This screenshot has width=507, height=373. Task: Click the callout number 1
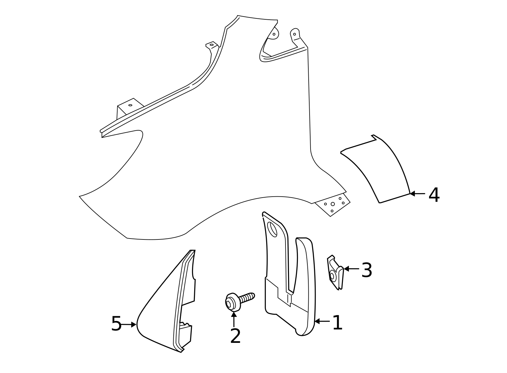(337, 323)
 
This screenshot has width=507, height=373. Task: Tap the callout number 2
(235, 336)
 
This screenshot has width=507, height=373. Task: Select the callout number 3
(367, 270)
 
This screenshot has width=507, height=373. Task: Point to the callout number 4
(434, 195)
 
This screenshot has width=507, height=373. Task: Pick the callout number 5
(116, 324)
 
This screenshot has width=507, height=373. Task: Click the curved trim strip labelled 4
(377, 168)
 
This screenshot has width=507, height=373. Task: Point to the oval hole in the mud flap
(272, 229)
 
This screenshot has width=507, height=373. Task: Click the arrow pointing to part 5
(130, 324)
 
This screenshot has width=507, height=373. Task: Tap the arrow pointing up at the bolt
(234, 319)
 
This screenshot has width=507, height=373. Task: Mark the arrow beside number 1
(322, 321)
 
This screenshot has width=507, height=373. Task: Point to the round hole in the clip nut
(332, 276)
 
